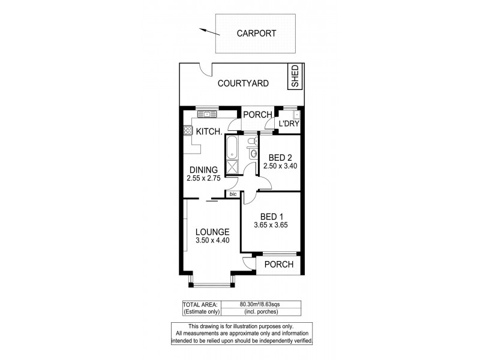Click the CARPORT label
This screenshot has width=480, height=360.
[256, 34]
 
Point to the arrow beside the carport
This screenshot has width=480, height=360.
[208, 31]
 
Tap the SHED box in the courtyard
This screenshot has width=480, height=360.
[295, 77]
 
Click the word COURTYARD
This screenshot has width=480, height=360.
[243, 84]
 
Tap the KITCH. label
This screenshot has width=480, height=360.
[209, 131]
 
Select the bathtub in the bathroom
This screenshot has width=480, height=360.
[231, 148]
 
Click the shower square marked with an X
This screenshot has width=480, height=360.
[231, 167]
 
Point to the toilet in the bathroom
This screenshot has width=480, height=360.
[253, 142]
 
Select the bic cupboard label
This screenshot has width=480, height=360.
[232, 194]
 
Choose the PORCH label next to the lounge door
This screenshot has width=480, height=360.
[278, 265]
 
